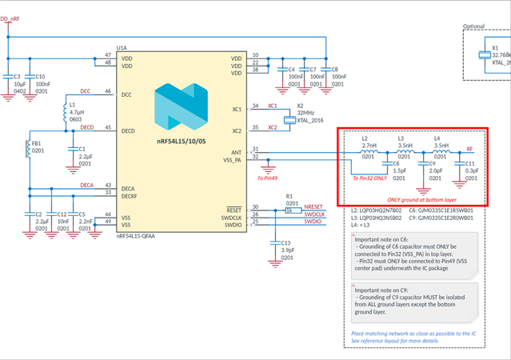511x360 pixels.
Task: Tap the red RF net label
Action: (x=470, y=149)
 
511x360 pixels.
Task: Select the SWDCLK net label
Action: (x=314, y=215)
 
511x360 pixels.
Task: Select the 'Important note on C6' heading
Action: (x=382, y=238)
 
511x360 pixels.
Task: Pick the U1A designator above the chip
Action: (x=122, y=48)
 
